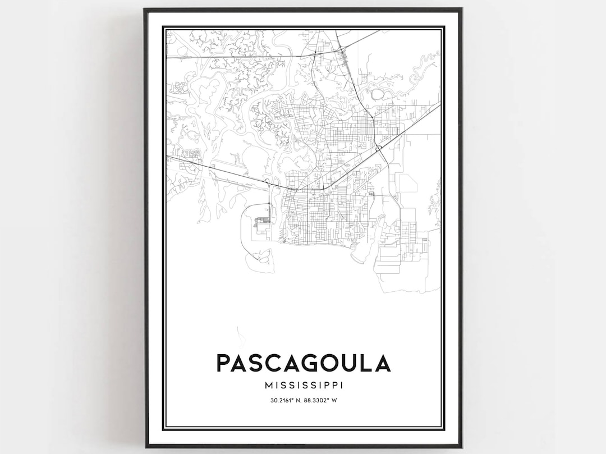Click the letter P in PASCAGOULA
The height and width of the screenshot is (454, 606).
click(x=223, y=363)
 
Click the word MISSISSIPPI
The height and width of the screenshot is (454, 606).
click(x=303, y=386)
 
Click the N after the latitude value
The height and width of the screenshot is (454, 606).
click(x=300, y=400)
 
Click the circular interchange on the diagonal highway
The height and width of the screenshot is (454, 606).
click(x=379, y=148)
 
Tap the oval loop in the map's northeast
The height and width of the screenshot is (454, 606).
click(x=377, y=94)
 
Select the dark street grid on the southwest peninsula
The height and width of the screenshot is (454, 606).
click(x=261, y=223)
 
